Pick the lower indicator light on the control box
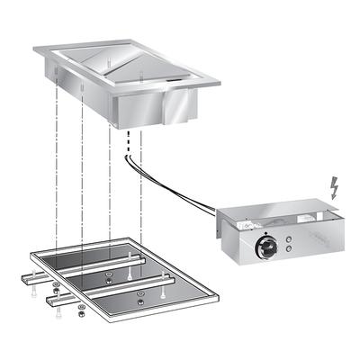click(288, 250)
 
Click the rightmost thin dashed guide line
click(141, 180)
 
